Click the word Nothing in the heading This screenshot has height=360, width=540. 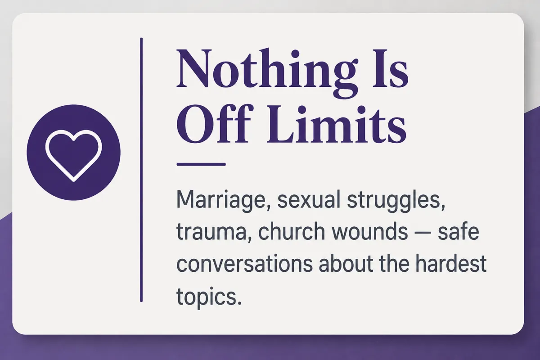(x=266, y=72)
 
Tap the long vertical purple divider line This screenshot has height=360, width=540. (x=141, y=170)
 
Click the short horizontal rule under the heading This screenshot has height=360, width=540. (x=201, y=164)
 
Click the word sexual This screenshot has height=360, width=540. (x=309, y=200)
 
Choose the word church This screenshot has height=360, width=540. (x=292, y=230)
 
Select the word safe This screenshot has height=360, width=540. (x=458, y=230)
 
